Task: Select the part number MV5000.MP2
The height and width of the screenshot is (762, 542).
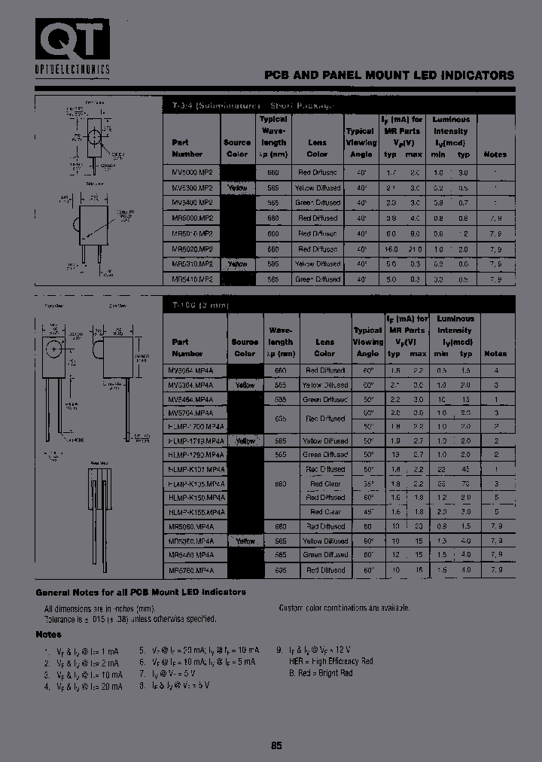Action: point(192,172)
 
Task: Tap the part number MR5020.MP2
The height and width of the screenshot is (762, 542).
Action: point(192,248)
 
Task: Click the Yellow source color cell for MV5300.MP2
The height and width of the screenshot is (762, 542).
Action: point(237,187)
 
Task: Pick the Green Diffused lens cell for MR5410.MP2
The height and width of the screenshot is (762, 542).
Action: point(317,279)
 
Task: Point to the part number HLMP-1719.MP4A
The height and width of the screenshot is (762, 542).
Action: point(194,440)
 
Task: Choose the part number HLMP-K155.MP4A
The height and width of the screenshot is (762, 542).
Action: point(194,511)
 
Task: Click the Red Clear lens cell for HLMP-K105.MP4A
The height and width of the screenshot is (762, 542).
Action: point(324,483)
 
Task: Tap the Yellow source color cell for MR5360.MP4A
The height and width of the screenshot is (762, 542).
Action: point(245,541)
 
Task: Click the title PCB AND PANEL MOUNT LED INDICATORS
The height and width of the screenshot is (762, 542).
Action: point(388,75)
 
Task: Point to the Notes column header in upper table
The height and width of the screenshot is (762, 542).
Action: point(495,154)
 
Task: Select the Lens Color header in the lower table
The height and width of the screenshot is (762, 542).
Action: point(324,347)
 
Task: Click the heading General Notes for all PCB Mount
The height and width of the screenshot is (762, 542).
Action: point(141,592)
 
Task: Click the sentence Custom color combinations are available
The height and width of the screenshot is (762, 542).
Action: point(344,607)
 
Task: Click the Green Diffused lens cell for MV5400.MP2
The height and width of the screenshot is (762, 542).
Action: point(317,203)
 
